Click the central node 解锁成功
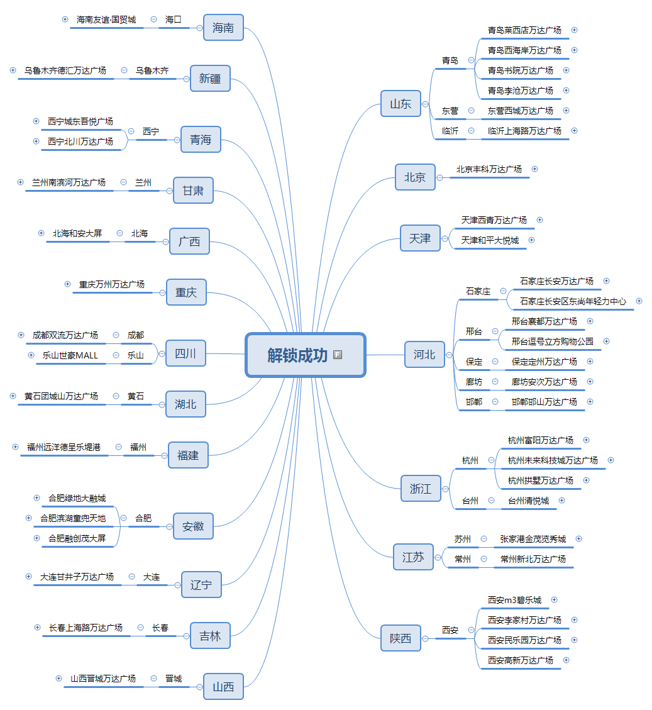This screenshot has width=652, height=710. (x=297, y=355)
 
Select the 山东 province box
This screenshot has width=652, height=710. (x=401, y=104)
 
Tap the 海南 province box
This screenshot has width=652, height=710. (x=223, y=28)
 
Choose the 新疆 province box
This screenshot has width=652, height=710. (x=210, y=79)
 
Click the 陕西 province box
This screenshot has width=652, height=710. (x=401, y=638)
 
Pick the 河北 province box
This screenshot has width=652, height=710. (x=424, y=355)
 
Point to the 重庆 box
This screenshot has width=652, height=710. (x=186, y=292)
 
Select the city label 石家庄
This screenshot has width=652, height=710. (x=478, y=291)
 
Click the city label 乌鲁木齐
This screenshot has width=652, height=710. (x=152, y=70)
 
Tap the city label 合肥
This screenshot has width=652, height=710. (x=143, y=518)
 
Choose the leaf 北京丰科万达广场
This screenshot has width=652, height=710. (x=489, y=169)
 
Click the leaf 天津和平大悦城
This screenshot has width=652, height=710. (x=490, y=240)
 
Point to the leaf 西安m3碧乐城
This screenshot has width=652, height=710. (x=514, y=600)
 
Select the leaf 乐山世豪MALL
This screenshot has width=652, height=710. (x=70, y=355)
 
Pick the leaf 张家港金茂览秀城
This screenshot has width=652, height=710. (x=533, y=539)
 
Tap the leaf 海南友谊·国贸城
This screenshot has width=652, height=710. (x=106, y=19)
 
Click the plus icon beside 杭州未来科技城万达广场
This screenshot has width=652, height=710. (x=611, y=460)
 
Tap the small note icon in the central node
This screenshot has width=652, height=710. (x=338, y=355)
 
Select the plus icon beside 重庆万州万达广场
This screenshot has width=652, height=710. (x=67, y=284)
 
